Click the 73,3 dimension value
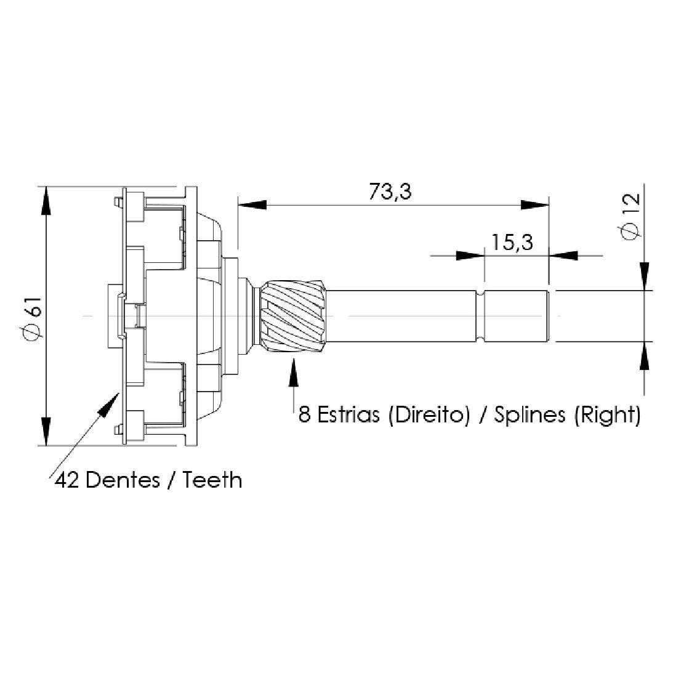pyautogui.click(x=390, y=192)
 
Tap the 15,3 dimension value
pyautogui.click(x=512, y=243)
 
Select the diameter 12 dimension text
pyautogui.click(x=631, y=217)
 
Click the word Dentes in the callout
pyautogui.click(x=123, y=480)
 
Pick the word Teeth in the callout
pyautogui.click(x=212, y=480)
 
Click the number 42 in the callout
pyautogui.click(x=67, y=480)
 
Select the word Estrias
pyautogui.click(x=349, y=415)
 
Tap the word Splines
pyautogui.click(x=530, y=415)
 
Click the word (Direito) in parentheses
pyautogui.click(x=429, y=415)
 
